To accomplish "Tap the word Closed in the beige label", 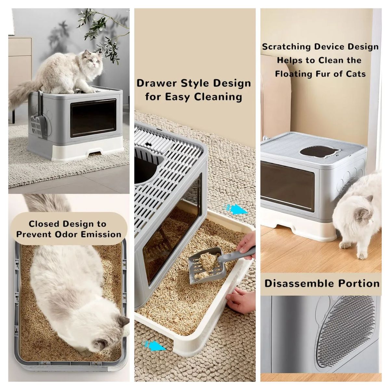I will coord(44,224).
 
